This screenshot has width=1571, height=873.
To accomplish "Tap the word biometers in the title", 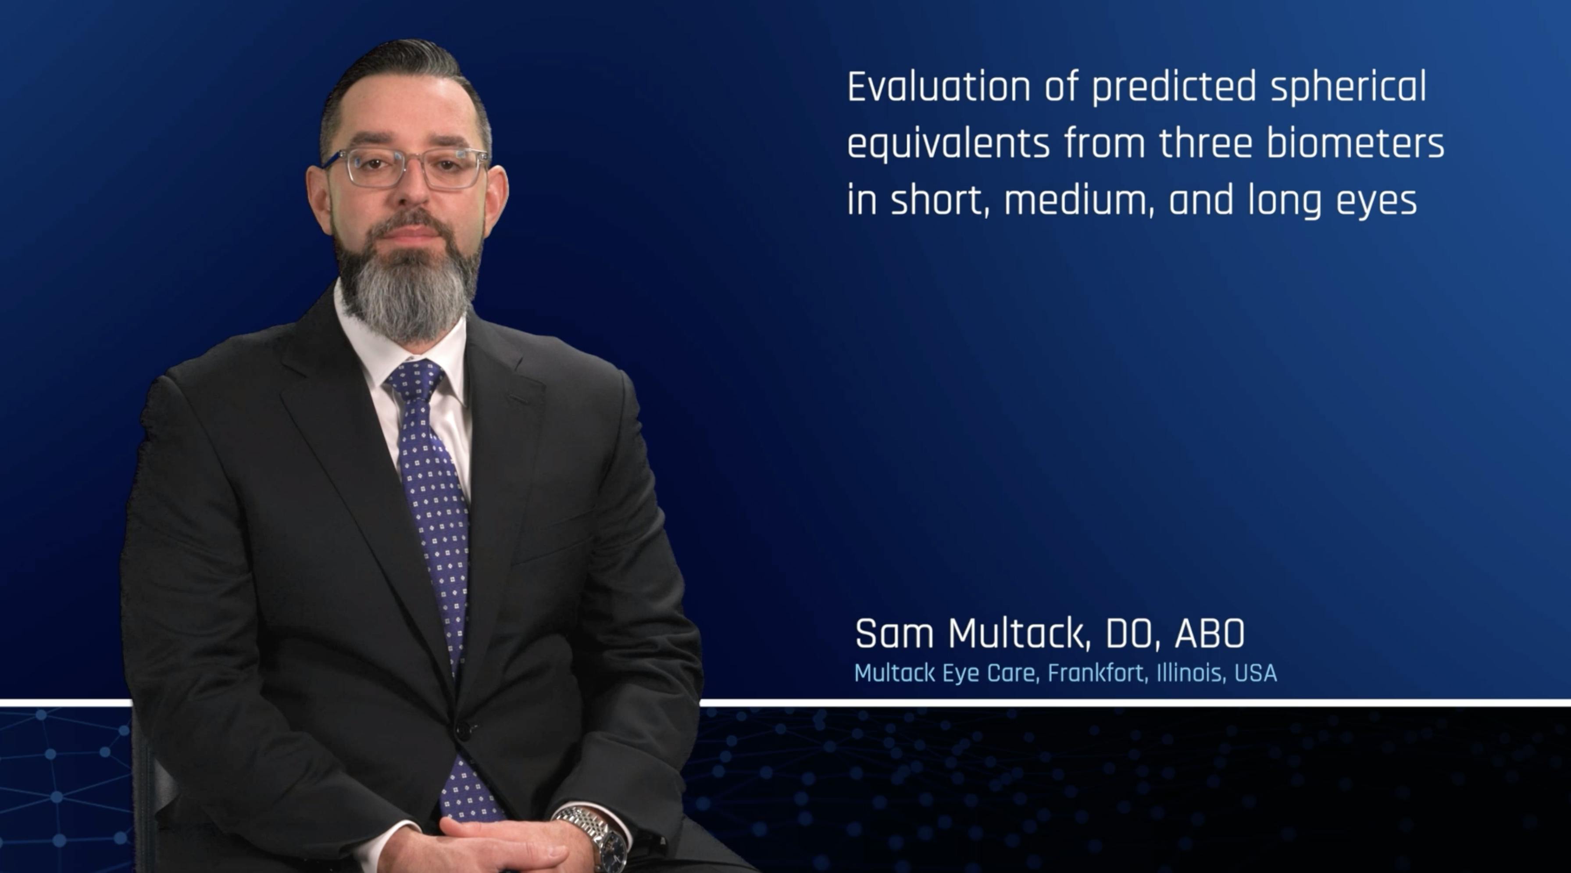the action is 1355,143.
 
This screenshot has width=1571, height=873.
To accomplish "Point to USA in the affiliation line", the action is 1256,673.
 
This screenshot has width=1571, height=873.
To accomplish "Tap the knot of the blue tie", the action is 415,378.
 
